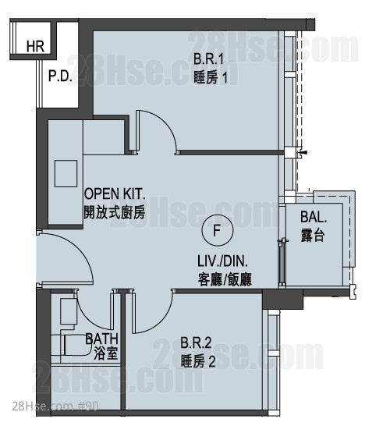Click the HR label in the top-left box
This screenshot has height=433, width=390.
point(35,46)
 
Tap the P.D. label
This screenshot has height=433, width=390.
point(60,76)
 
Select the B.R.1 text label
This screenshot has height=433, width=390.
point(208,59)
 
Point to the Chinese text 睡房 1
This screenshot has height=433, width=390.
point(211,77)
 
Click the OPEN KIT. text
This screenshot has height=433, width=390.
point(115,193)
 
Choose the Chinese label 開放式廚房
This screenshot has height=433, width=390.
point(115,212)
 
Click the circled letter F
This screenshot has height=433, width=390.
point(217,230)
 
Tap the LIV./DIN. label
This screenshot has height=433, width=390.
point(222,261)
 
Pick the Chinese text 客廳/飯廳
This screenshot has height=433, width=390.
point(225,279)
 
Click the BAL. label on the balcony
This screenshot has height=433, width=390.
point(314,217)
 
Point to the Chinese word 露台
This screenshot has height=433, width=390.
point(313,236)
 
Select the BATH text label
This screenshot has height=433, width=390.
point(101,339)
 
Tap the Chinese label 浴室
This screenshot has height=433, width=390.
point(106,353)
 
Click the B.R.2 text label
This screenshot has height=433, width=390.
point(196,342)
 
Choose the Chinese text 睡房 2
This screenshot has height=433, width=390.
point(198,361)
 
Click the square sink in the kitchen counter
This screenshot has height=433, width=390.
point(66,174)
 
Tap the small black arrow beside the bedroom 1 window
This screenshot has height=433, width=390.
point(303,152)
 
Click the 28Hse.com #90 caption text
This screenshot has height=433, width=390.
point(55,406)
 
